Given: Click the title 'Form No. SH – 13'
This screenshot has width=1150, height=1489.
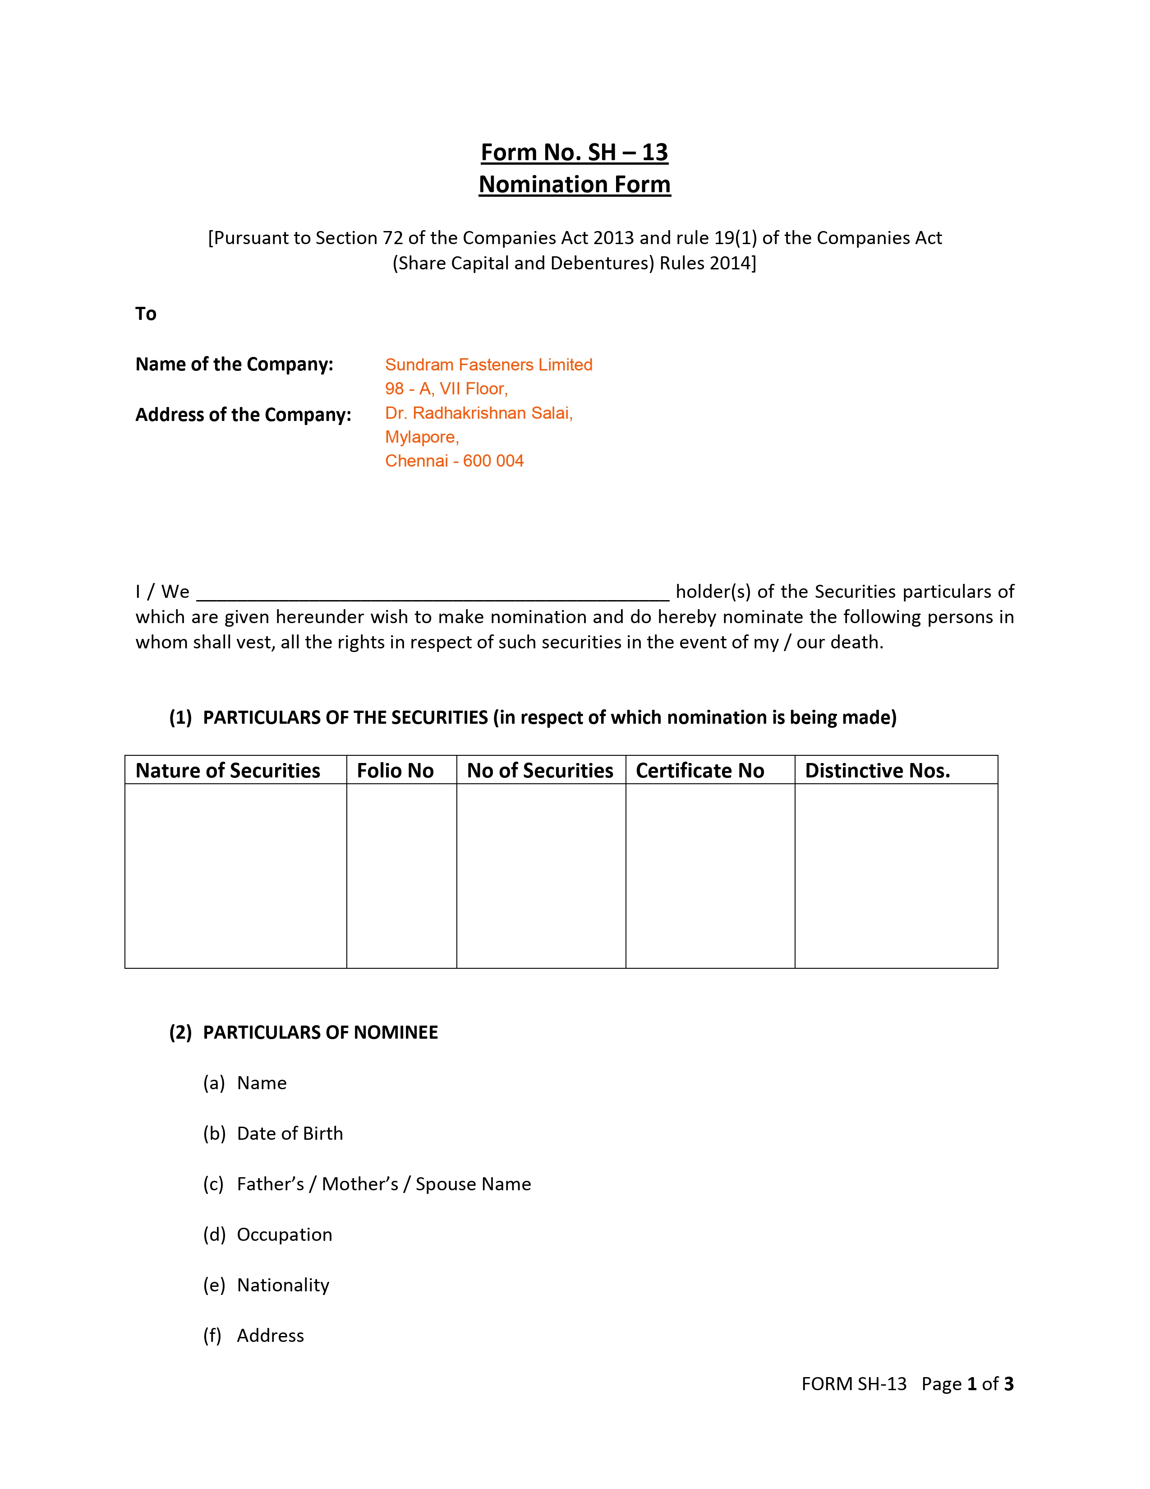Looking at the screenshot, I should (x=574, y=152).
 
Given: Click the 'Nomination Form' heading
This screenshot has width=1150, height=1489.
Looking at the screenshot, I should (x=574, y=184).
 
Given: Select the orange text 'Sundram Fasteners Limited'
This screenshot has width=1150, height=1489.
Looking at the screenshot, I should (x=488, y=365).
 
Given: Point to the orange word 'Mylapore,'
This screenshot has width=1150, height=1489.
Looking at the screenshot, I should (x=422, y=437).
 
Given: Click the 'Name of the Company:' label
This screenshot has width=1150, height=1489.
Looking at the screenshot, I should (x=235, y=364).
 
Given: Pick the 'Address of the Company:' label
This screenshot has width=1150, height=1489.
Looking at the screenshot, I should (x=243, y=415).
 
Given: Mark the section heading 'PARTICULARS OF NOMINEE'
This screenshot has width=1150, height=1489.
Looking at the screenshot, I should (x=320, y=1032).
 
